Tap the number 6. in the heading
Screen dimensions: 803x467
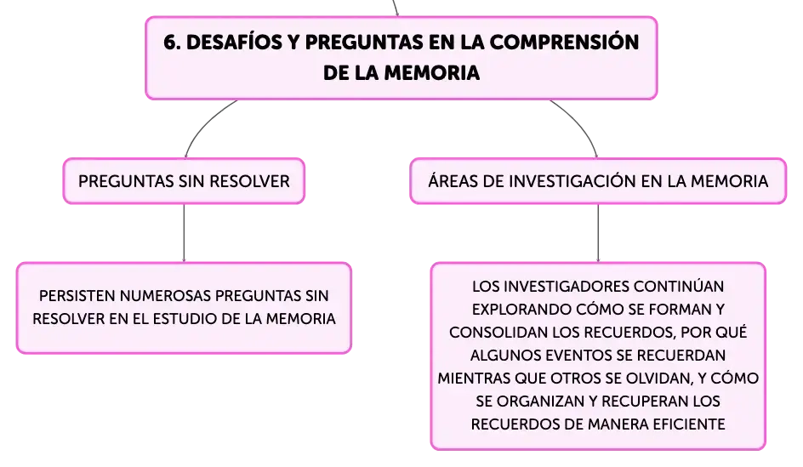(172, 42)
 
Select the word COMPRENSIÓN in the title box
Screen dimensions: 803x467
(564, 42)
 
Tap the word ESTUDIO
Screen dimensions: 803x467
(207, 319)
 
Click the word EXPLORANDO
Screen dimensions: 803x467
(521, 310)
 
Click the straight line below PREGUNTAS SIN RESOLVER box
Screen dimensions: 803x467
(184, 233)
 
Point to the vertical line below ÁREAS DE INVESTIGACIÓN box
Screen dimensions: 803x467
(598, 233)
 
